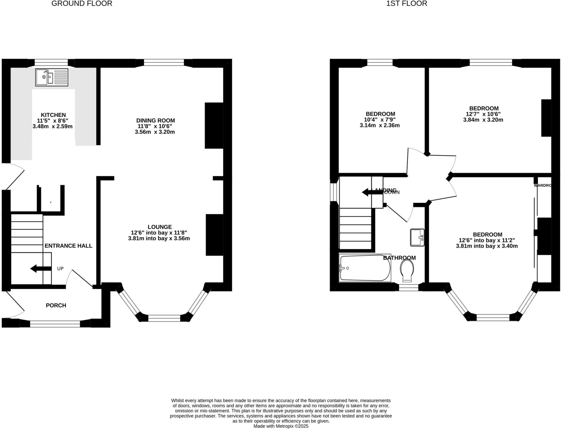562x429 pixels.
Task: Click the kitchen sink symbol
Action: click(52, 77)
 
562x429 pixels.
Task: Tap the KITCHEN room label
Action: click(53, 115)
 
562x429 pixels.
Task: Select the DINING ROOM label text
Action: click(155, 120)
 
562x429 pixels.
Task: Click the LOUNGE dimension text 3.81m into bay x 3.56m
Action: click(159, 238)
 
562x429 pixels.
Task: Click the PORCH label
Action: click(56, 305)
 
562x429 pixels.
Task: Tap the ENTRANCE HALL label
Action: click(68, 246)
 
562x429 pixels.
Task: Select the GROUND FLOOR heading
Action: click(82, 4)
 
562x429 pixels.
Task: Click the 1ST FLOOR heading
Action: click(407, 4)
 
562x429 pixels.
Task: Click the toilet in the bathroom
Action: click(407, 270)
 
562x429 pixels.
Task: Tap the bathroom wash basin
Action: click(417, 237)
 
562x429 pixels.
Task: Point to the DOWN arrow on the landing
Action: click(372, 192)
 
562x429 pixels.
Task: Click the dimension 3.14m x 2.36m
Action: click(380, 125)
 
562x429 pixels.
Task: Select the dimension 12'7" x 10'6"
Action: click(483, 114)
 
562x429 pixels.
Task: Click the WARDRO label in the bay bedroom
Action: click(542, 185)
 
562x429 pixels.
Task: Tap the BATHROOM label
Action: click(399, 258)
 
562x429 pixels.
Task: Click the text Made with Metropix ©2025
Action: click(281, 426)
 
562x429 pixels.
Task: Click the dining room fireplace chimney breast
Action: click(214, 125)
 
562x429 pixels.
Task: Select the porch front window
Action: click(55, 324)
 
